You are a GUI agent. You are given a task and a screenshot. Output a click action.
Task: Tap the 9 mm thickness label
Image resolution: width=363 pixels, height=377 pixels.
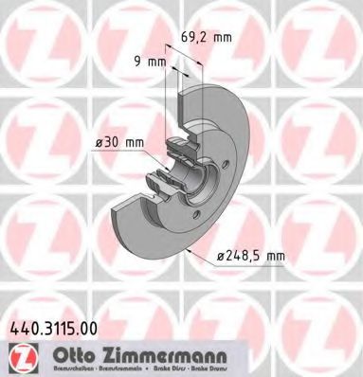150,63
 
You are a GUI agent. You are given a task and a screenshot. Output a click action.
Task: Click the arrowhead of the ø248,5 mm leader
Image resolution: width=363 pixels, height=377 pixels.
191,250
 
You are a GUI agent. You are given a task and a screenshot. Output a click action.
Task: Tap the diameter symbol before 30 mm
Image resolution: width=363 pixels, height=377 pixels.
98,143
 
